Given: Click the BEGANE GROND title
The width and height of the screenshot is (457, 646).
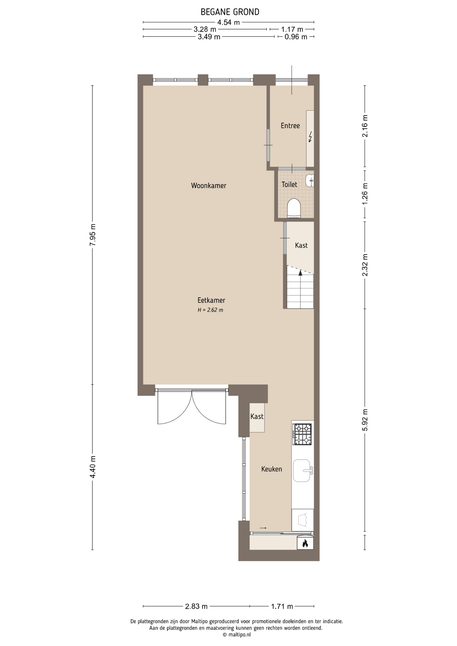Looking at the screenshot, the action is (x=230, y=12).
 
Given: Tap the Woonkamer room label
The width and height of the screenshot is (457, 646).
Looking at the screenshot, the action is (x=209, y=185).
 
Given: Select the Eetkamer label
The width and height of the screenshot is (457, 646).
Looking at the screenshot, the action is (x=211, y=300).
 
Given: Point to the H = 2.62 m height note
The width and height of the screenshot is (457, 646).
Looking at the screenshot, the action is (x=210, y=310).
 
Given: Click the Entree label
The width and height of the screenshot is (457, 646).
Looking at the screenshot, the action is (x=290, y=125).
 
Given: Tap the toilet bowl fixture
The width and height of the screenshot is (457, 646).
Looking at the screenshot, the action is (x=294, y=208).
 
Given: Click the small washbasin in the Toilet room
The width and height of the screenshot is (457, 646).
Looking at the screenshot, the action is (x=310, y=181).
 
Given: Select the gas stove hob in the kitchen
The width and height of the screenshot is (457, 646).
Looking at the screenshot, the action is (x=302, y=434).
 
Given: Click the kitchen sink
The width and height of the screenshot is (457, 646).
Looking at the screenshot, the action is (x=302, y=470).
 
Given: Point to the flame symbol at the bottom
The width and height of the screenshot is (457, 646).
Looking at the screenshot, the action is (x=305, y=543).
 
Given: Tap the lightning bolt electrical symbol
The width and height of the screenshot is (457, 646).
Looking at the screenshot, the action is (x=310, y=136).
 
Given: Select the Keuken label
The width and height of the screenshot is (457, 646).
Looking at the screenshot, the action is (x=272, y=469).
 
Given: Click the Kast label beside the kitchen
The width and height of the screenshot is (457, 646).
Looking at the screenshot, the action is (x=257, y=417).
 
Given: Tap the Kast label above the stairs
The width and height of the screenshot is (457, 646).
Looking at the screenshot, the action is (x=301, y=245).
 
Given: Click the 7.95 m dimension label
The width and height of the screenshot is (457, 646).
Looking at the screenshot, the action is (x=93, y=235).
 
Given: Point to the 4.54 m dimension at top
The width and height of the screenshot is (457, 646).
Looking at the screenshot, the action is (x=229, y=23).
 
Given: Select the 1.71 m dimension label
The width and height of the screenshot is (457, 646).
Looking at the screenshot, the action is (x=282, y=606).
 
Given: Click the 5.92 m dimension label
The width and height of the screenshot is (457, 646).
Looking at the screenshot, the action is (x=365, y=420).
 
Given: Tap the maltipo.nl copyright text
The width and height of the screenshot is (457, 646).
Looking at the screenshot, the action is (x=237, y=635).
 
